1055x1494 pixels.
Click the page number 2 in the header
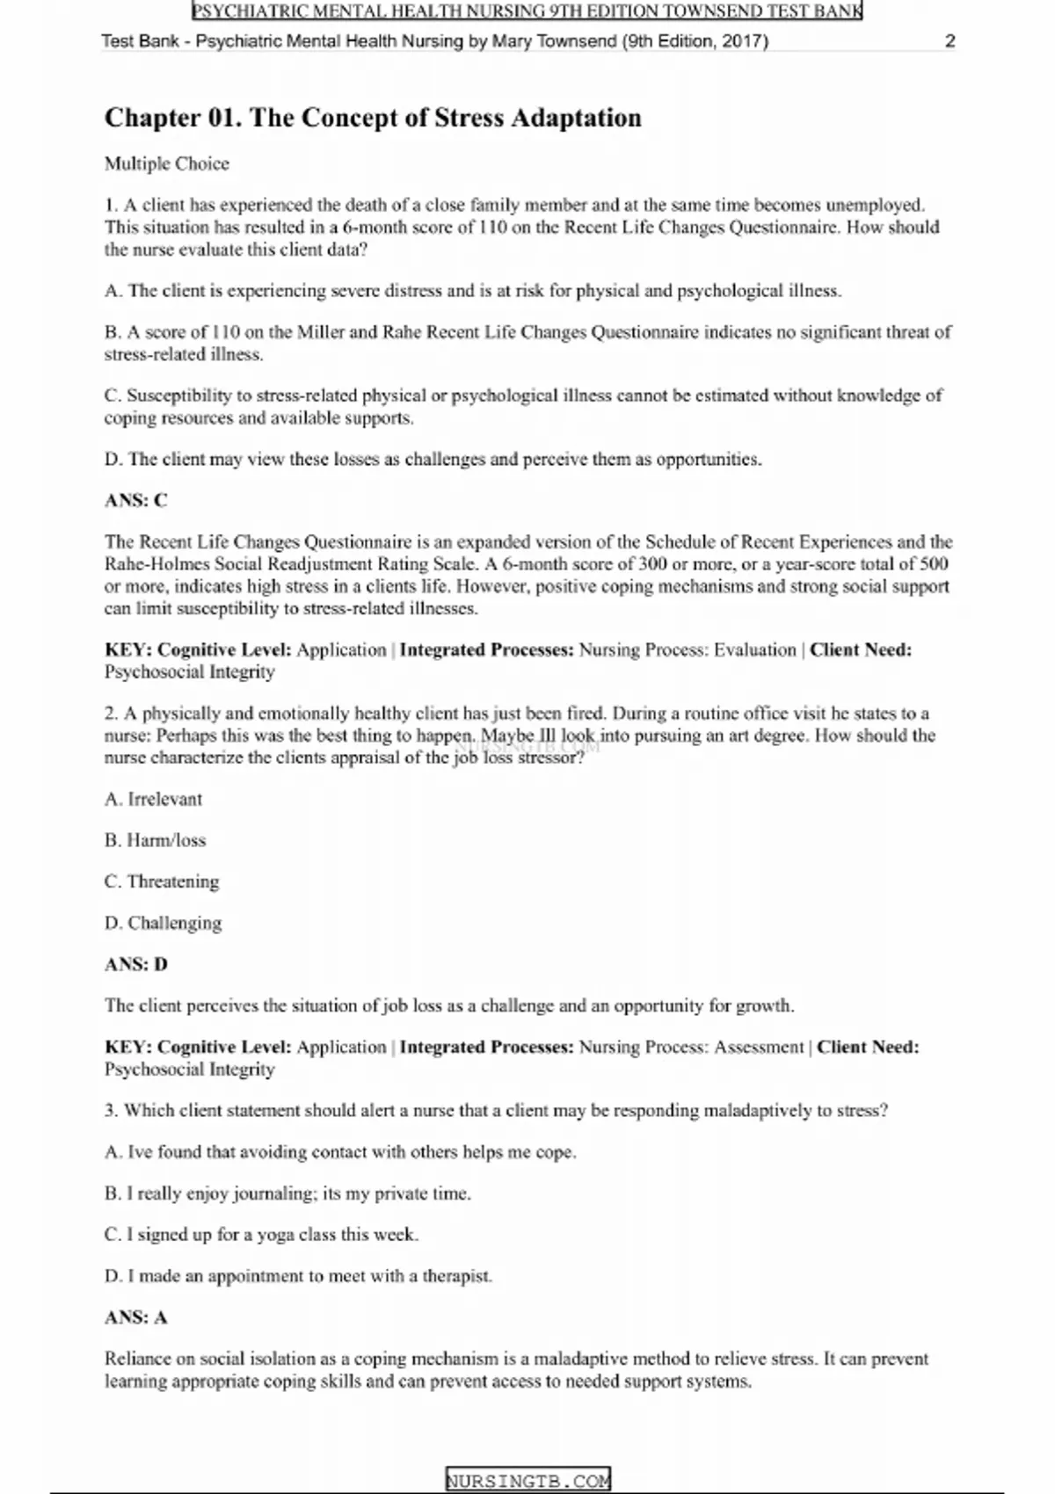point(949,41)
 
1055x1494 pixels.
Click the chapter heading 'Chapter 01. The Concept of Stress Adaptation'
point(373,118)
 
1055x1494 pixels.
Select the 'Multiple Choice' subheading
point(167,163)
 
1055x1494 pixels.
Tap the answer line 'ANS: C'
point(136,500)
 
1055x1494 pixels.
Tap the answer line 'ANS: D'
point(136,964)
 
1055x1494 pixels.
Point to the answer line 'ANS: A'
point(136,1317)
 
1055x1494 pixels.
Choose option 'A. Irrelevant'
point(154,799)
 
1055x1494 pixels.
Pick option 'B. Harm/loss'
point(156,840)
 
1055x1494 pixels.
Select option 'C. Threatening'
point(162,881)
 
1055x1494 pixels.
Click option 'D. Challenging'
point(164,923)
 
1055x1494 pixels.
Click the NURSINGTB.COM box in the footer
point(527,1481)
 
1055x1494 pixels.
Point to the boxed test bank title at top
point(527,11)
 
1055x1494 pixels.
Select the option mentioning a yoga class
point(262,1235)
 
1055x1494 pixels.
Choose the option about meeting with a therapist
point(299,1276)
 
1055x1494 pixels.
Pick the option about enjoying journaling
point(288,1193)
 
